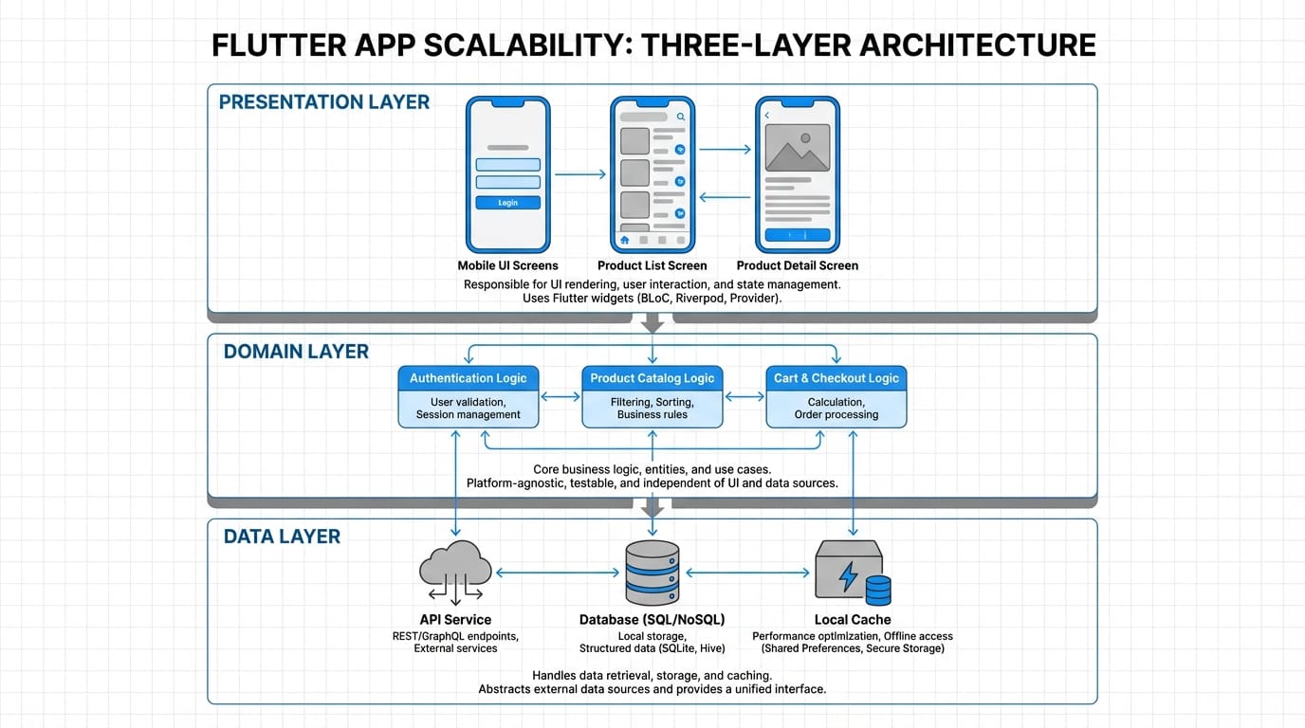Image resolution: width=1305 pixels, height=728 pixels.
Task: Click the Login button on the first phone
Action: click(x=507, y=203)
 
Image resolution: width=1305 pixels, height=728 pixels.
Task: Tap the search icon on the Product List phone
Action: click(x=681, y=117)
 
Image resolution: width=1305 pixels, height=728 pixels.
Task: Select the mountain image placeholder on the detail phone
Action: click(x=798, y=147)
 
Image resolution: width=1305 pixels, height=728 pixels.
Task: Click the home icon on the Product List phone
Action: click(x=624, y=240)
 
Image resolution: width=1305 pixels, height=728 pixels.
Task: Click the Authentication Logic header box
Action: click(x=469, y=378)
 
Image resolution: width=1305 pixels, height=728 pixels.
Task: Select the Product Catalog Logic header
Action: click(x=652, y=378)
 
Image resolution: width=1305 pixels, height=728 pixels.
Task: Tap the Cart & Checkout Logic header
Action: click(x=836, y=378)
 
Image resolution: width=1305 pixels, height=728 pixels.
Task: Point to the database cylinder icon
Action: click(x=652, y=573)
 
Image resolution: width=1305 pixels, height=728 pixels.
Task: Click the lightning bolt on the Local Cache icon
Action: click(x=849, y=574)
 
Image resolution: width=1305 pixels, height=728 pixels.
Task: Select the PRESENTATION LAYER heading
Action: click(x=324, y=102)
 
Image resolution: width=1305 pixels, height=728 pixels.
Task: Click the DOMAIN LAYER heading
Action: click(x=296, y=352)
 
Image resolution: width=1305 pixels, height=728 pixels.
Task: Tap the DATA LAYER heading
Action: click(x=282, y=537)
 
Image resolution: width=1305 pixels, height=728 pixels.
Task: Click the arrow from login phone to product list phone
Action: click(x=579, y=174)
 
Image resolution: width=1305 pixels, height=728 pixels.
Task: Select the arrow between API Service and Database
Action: click(x=558, y=573)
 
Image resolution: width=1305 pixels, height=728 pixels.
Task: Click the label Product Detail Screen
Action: click(x=798, y=265)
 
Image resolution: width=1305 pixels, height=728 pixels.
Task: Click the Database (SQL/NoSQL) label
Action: click(x=652, y=619)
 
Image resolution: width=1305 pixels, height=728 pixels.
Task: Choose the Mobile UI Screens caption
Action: click(x=507, y=265)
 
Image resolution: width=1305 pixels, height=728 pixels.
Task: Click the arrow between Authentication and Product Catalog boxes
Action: click(x=561, y=396)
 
